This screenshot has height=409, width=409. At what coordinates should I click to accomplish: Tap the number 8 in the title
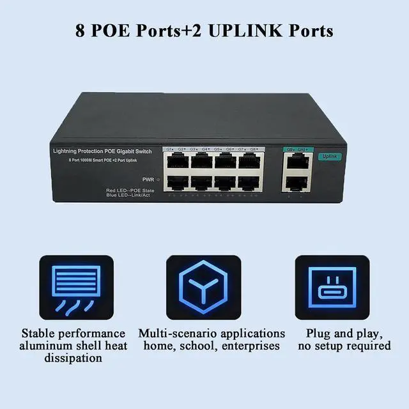[x=80, y=31]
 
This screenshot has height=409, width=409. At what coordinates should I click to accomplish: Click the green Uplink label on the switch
[x=329, y=157]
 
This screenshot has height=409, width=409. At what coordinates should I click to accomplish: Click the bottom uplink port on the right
[x=294, y=183]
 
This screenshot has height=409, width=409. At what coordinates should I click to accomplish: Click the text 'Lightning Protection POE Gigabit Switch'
[x=102, y=150]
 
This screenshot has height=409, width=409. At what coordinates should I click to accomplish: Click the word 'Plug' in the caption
[x=319, y=334]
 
